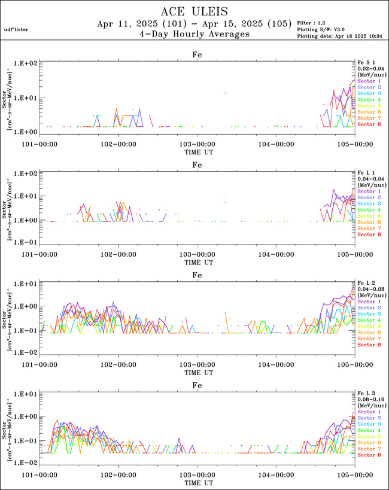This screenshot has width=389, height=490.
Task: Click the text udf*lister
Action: [x=16, y=29]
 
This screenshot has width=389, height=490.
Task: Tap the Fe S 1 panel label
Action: [x=366, y=62]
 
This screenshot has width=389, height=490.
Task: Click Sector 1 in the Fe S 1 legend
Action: [x=369, y=81]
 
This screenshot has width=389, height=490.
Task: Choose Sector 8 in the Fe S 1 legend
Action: [x=369, y=124]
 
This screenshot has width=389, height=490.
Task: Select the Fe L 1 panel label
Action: [x=366, y=172]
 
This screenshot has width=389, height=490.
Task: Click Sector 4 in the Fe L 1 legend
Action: [x=369, y=210]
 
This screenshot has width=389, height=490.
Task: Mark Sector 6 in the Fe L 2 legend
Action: [x=369, y=333]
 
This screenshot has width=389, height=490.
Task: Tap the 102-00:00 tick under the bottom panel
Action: [x=118, y=474]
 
